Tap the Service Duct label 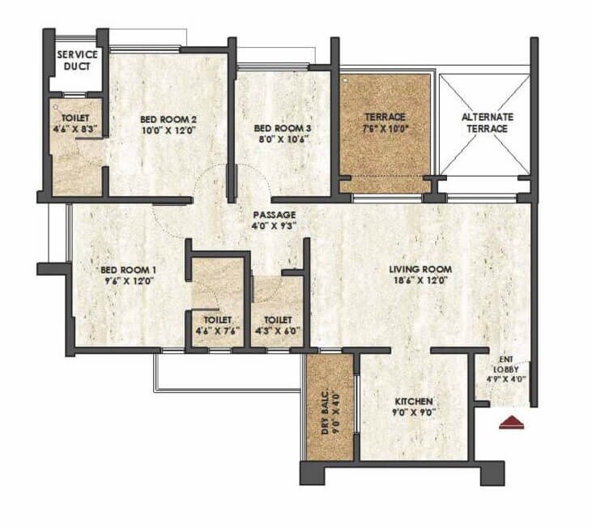[x=78, y=60]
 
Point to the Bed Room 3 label [x=280, y=128]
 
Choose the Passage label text [x=270, y=215]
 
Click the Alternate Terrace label [x=488, y=122]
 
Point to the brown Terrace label [x=385, y=117]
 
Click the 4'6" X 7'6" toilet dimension [x=217, y=331]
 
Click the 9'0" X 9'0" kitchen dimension [x=415, y=412]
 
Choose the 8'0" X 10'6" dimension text [x=280, y=139]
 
